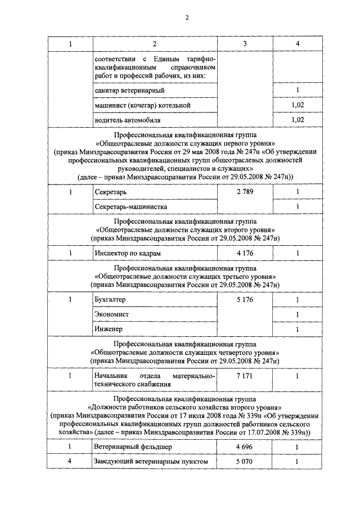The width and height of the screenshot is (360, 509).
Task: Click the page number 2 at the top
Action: [x=186, y=17]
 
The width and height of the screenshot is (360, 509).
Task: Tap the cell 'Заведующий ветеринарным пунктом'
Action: [x=152, y=462]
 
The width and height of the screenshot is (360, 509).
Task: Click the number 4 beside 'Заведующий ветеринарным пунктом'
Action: [x=70, y=462]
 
